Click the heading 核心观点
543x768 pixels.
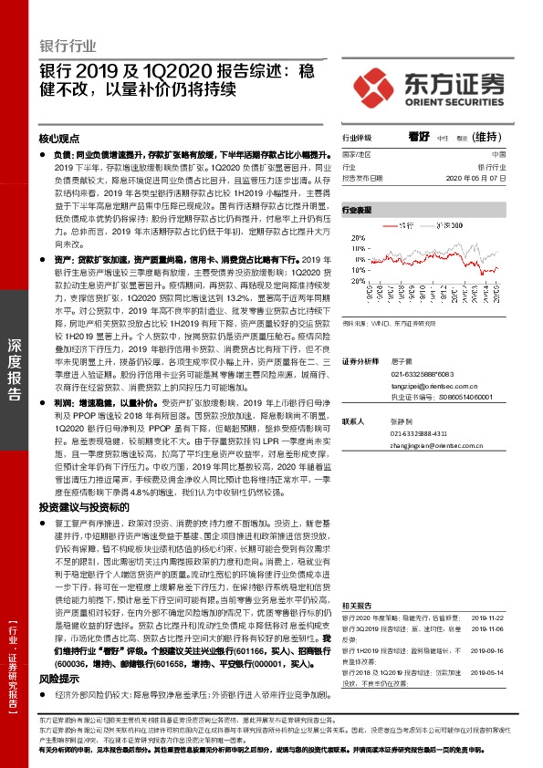click(58, 139)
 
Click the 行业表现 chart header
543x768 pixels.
click(357, 210)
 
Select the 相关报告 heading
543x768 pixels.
click(357, 605)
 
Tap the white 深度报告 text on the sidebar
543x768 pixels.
click(15, 382)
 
